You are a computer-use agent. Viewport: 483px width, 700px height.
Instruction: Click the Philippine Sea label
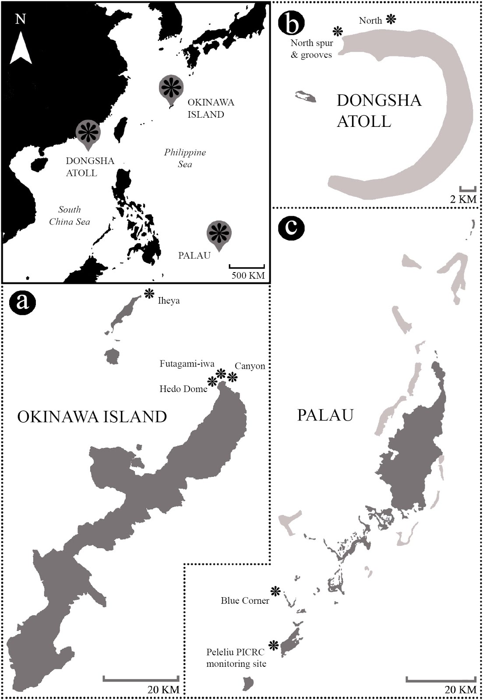185,158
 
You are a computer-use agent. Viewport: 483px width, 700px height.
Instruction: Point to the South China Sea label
70,216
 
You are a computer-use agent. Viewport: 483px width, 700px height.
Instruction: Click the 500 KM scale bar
247,266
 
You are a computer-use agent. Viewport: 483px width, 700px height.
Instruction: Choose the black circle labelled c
291,227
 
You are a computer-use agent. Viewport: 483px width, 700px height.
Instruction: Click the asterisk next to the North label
391,19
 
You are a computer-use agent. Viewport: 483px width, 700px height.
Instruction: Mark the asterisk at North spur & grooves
337,31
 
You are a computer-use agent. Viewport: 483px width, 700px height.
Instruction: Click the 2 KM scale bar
468,189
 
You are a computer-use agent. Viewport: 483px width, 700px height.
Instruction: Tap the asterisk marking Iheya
149,294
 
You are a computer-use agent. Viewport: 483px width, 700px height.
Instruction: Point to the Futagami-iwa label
187,364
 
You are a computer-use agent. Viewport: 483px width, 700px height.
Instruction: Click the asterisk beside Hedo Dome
212,381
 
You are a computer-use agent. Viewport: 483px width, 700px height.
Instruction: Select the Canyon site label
250,366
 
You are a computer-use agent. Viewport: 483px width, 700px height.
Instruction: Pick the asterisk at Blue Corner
275,591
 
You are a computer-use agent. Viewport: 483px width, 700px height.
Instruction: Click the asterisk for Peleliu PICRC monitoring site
274,645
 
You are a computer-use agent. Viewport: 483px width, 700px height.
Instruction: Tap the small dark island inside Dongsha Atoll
306,97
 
